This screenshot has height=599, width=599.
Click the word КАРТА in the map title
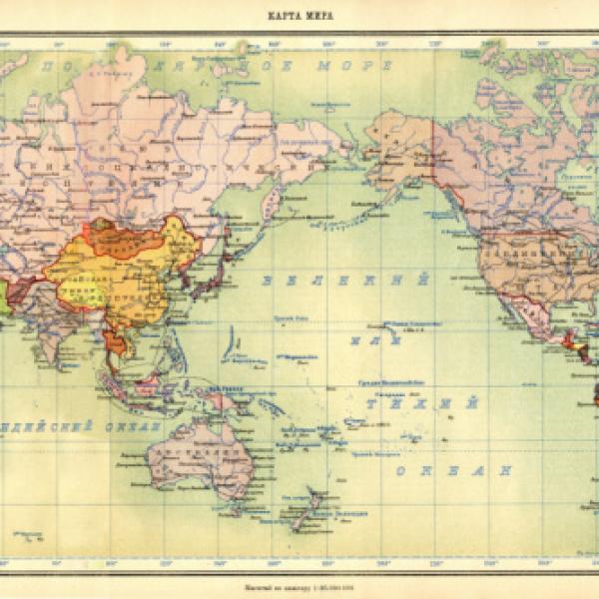pos(284,16)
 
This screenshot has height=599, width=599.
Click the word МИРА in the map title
pos(316,16)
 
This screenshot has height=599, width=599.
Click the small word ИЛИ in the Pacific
pos(368,341)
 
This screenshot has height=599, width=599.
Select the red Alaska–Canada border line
pos(432,150)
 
